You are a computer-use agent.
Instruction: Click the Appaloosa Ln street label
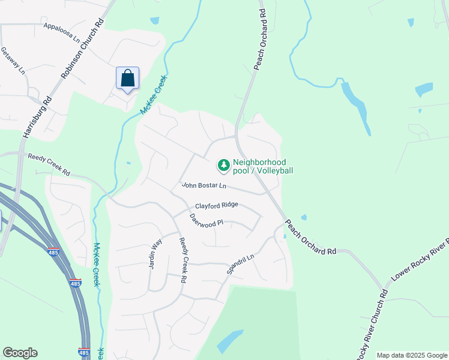point(62,32)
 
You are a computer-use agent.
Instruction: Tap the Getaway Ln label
point(13,61)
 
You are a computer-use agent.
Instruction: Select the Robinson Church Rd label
point(83,50)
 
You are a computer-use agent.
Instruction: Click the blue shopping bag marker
point(127,79)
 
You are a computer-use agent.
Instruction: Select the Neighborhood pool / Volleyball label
point(263,166)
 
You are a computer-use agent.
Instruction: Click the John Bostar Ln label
point(204,186)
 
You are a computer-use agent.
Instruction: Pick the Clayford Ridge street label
point(216,205)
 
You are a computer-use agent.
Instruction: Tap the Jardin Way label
point(155,254)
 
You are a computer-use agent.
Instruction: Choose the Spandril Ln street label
point(240,264)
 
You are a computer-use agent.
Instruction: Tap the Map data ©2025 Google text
point(411,355)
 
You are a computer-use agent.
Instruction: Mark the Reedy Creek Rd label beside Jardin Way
point(183,260)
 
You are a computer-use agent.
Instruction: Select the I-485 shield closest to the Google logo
point(83,352)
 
